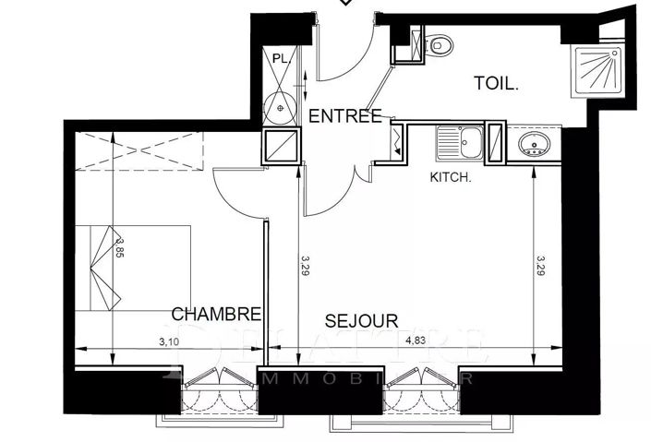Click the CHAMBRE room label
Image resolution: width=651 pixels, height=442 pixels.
[x=216, y=314]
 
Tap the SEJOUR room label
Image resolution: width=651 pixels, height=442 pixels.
[x=361, y=320]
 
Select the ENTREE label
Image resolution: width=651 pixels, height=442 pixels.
[x=344, y=115]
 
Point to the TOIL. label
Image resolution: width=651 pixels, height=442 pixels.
[x=497, y=83]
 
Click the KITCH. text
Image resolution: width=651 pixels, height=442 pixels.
[x=452, y=178]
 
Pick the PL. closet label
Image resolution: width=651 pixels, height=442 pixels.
[x=281, y=58]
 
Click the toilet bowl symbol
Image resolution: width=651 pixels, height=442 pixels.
[x=440, y=43]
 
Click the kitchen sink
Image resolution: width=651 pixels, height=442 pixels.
[x=459, y=143]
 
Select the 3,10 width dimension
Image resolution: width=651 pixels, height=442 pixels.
[x=168, y=342]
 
